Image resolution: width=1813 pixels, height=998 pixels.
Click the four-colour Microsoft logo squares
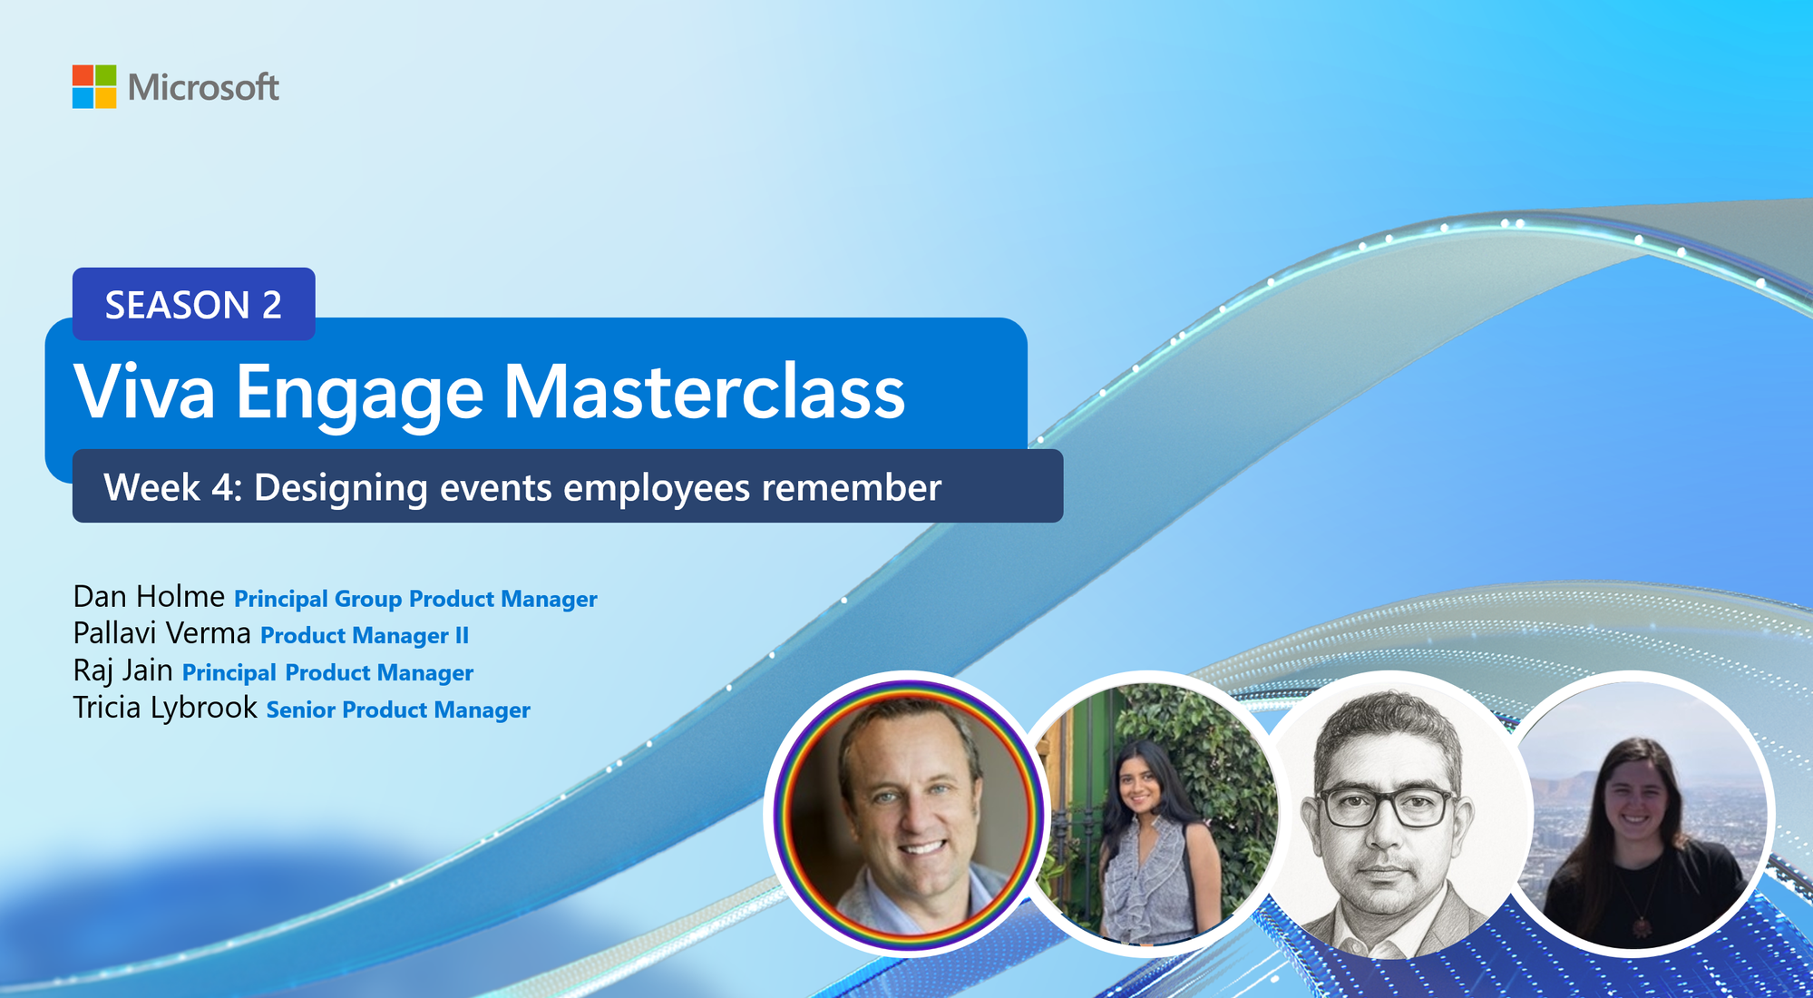pyautogui.click(x=94, y=86)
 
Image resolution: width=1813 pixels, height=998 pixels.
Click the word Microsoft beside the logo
pyautogui.click(x=203, y=87)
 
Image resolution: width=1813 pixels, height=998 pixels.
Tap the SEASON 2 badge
pyautogui.click(x=194, y=304)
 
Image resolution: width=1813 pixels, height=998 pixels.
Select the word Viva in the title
pyautogui.click(x=144, y=391)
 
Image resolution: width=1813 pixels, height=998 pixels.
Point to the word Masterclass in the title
pyautogui.click(x=705, y=391)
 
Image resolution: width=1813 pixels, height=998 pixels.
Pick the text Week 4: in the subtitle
pyautogui.click(x=173, y=487)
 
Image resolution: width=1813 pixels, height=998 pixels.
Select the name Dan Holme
pyautogui.click(x=149, y=596)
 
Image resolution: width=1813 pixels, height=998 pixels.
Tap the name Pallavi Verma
pyautogui.click(x=162, y=632)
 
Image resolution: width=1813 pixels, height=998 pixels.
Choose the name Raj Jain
pyautogui.click(x=123, y=670)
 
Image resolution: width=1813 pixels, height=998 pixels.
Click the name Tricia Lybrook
pyautogui.click(x=165, y=708)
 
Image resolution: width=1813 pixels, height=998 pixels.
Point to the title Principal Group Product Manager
pyautogui.click(x=415, y=599)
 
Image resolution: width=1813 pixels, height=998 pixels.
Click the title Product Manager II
pyautogui.click(x=365, y=635)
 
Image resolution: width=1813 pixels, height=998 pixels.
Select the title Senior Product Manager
pyautogui.click(x=398, y=709)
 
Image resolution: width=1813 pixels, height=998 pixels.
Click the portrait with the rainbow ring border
pyautogui.click(x=908, y=814)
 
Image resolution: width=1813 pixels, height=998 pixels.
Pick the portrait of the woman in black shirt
pyautogui.click(x=1637, y=814)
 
